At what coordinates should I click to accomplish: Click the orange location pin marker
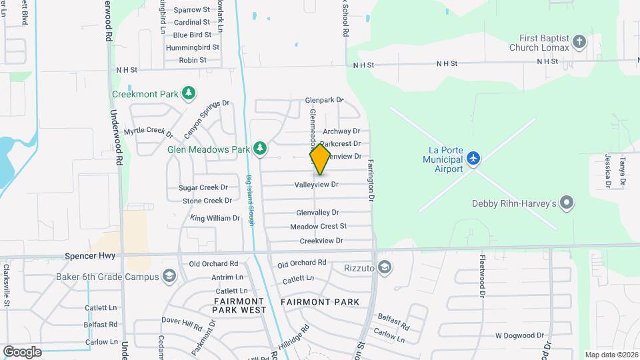(320, 159)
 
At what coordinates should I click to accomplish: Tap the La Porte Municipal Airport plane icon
(473, 159)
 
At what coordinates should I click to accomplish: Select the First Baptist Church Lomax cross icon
(579, 42)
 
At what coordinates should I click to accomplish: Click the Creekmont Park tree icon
(189, 93)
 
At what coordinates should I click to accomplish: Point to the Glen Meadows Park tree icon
(259, 149)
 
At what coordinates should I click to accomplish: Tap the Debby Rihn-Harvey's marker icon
(567, 203)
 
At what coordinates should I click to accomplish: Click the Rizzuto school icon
(384, 268)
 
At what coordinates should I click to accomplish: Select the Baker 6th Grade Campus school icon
(169, 277)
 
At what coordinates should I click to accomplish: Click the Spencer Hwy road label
(90, 255)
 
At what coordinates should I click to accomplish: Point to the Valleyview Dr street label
(317, 184)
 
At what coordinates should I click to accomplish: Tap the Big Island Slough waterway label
(251, 200)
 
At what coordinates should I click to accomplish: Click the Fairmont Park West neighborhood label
(239, 306)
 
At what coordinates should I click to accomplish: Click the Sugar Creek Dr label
(203, 188)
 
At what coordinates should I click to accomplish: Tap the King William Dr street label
(215, 218)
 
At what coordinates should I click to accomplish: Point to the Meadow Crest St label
(318, 227)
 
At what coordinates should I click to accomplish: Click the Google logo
(22, 351)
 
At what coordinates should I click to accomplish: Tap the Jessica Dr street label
(607, 170)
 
